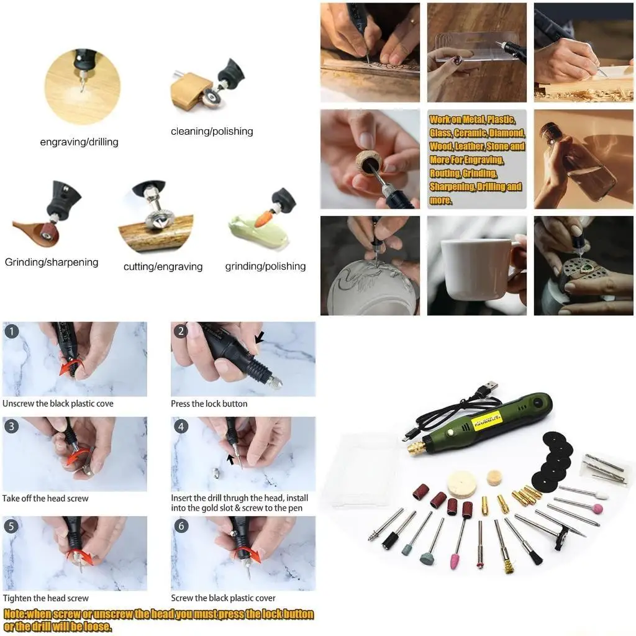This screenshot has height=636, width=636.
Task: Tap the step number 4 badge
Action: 181,427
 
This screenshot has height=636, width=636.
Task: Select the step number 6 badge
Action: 181,526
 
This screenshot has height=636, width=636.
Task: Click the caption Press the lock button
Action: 209,404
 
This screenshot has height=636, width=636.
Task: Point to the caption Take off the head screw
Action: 45,498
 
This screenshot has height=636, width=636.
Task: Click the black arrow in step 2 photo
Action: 259,338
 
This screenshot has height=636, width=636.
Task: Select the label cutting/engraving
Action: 163,266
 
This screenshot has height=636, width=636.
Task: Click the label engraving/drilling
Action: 79,142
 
